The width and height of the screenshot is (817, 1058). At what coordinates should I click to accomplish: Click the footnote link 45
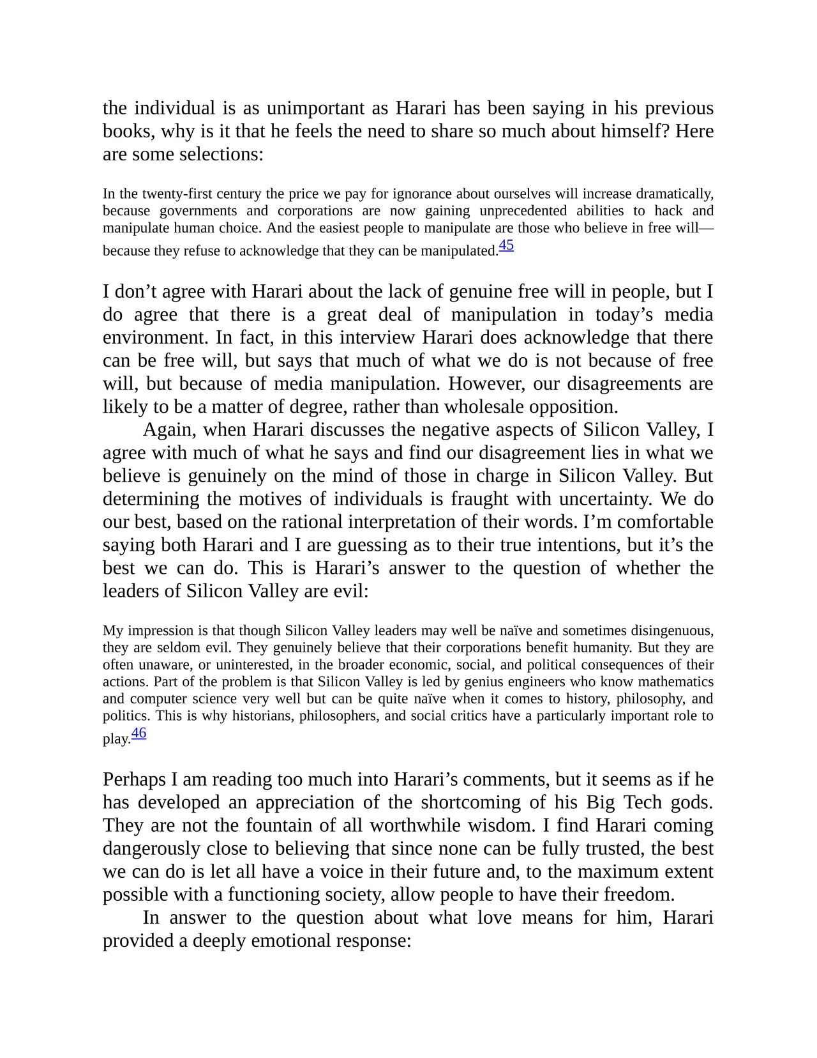[x=506, y=245]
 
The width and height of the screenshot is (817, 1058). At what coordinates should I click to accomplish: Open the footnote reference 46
[x=139, y=733]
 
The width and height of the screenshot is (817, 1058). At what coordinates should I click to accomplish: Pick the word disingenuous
[x=670, y=631]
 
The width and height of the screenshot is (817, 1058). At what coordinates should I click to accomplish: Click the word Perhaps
[x=134, y=780]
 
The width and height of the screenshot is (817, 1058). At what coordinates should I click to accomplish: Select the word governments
[x=198, y=211]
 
